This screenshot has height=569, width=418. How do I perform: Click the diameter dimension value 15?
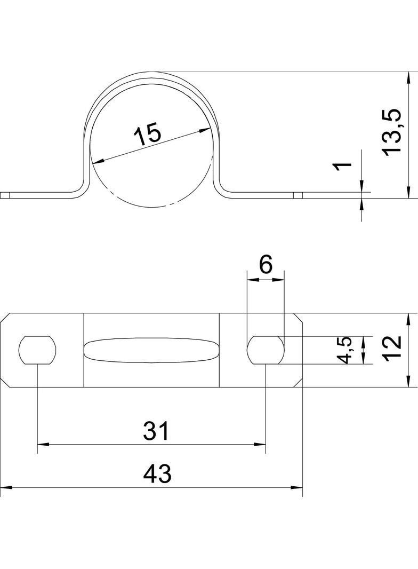click(x=147, y=135)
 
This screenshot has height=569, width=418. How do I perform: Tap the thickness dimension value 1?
click(x=342, y=166)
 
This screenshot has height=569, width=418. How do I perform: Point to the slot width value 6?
click(x=266, y=265)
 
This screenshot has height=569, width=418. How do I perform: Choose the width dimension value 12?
click(x=393, y=347)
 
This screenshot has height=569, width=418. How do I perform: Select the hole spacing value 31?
click(x=156, y=430)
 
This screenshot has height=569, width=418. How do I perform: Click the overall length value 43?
click(x=157, y=474)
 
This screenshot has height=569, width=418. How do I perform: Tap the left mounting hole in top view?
click(x=38, y=350)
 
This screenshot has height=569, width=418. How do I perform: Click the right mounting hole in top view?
click(x=266, y=350)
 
